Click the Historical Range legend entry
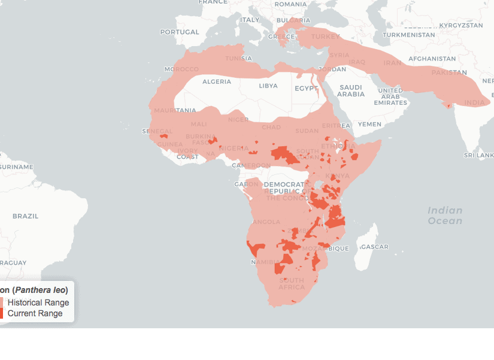(38, 302)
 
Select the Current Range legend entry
(35, 313)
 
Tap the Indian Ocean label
(445, 215)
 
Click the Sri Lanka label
(478, 155)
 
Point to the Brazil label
(25, 216)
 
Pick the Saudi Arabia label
(351, 90)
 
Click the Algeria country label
(216, 81)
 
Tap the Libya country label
(268, 86)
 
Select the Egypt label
(306, 88)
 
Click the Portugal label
(179, 32)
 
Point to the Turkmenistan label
(409, 35)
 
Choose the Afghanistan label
(432, 59)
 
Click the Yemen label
(369, 124)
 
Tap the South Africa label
(292, 283)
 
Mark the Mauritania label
(175, 110)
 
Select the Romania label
(290, 4)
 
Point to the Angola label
(266, 222)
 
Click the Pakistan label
(448, 72)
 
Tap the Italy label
(250, 20)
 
